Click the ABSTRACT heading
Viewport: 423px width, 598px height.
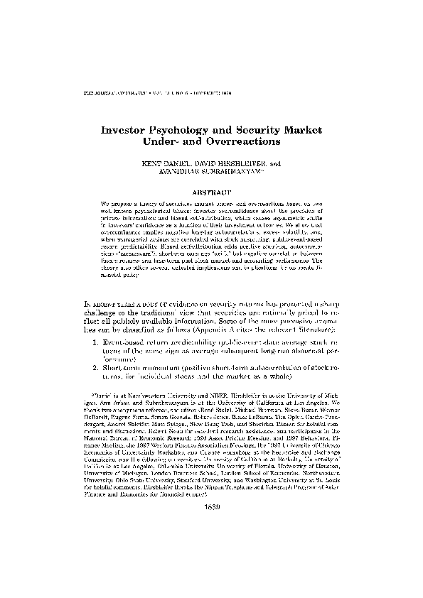(212, 192)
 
